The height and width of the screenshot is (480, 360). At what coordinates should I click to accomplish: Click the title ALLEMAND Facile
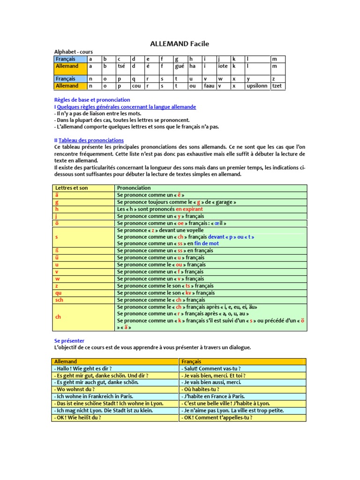point(180,44)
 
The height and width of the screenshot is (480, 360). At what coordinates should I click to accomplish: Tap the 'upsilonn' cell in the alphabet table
point(257,86)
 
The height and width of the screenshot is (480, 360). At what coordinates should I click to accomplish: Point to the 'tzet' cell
point(277,86)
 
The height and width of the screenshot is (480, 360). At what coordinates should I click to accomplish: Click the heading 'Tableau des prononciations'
point(91,140)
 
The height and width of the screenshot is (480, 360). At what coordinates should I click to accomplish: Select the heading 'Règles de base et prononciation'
point(92,100)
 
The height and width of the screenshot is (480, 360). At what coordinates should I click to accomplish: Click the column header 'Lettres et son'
point(71,188)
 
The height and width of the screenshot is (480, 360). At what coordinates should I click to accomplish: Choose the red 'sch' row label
point(59,300)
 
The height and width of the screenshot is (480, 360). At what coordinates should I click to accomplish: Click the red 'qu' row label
point(58,293)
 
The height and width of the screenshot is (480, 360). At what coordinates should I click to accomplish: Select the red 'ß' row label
point(57,251)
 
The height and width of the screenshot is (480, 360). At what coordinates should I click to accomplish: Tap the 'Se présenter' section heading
point(69,340)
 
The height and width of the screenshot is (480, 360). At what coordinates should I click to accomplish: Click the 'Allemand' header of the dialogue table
point(66,362)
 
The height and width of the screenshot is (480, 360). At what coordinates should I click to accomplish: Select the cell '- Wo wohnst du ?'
point(75,390)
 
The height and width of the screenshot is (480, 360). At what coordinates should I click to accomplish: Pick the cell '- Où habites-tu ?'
point(202,390)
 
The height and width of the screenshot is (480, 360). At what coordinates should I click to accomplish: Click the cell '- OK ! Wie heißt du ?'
point(78,418)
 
